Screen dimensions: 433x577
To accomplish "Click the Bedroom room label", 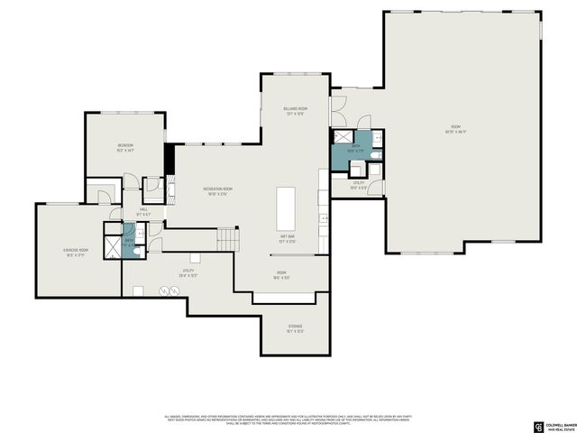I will (124, 148).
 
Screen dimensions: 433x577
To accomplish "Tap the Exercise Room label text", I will (75, 253).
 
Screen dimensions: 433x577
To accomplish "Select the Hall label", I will (142, 213).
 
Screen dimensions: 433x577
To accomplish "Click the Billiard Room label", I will (296, 110).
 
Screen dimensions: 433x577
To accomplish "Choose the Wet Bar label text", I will (288, 238).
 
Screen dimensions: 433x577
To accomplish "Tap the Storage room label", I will (295, 328).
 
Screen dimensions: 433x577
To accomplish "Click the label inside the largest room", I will (454, 129).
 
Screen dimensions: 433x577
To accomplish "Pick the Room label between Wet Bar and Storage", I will (281, 274).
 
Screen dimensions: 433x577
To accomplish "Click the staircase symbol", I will (228, 240).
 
